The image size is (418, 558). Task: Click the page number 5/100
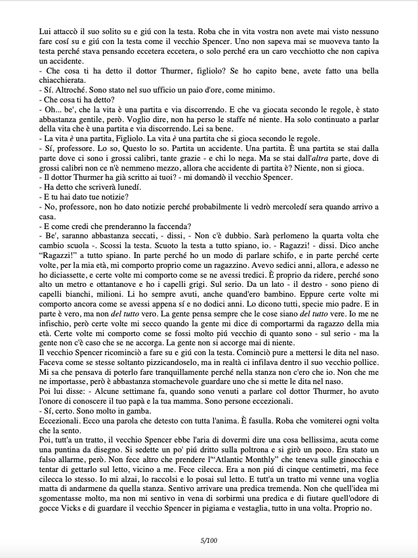[208, 540]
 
